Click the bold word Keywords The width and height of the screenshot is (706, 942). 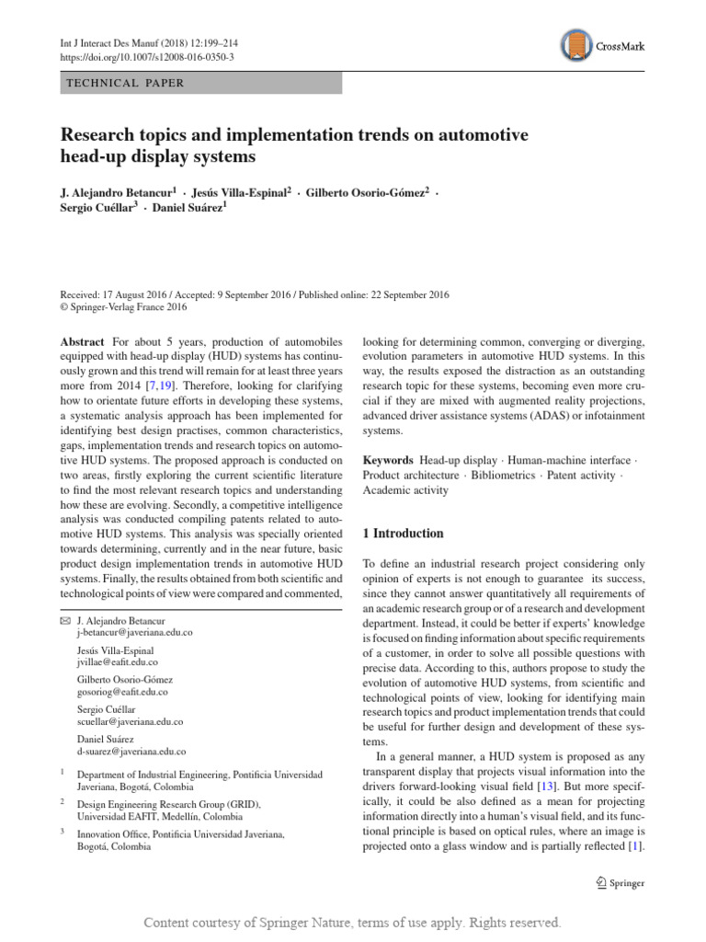pyautogui.click(x=388, y=460)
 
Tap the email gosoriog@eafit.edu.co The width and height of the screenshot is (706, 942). pyautogui.click(x=122, y=692)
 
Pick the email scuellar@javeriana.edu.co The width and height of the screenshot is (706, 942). pyautogui.click(x=131, y=722)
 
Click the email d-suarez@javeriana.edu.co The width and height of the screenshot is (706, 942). pyautogui.click(x=131, y=752)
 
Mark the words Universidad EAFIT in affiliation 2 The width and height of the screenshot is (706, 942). pyautogui.click(x=121, y=816)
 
